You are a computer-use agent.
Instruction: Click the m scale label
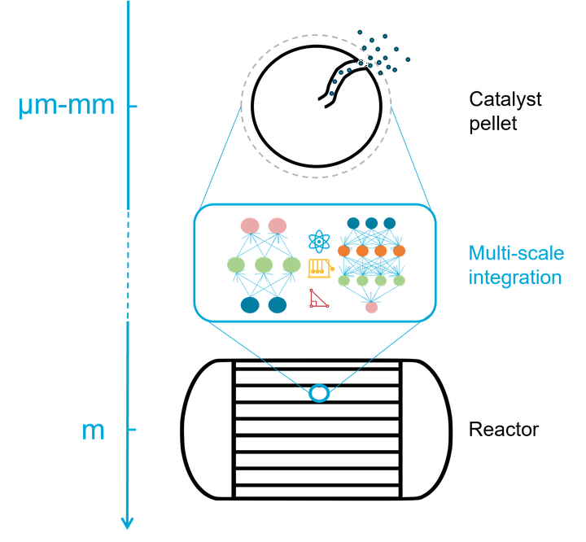93,429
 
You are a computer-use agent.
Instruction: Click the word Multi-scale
516,253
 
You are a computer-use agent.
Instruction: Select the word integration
514,278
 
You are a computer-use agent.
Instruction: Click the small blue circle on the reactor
319,394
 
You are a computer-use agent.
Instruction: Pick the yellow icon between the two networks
320,267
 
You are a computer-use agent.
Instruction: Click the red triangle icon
318,299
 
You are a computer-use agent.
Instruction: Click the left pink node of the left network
250,225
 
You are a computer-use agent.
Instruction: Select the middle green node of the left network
264,264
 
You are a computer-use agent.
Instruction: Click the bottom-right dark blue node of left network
278,305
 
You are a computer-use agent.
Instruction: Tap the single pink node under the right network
371,308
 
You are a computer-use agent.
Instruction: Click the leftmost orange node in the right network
343,251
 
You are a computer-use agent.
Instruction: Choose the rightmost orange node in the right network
400,251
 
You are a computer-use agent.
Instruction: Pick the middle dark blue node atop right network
371,223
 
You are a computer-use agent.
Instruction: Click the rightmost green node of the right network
400,282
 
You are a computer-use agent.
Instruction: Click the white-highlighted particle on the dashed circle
362,62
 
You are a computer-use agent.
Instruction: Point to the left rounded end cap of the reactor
208,429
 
